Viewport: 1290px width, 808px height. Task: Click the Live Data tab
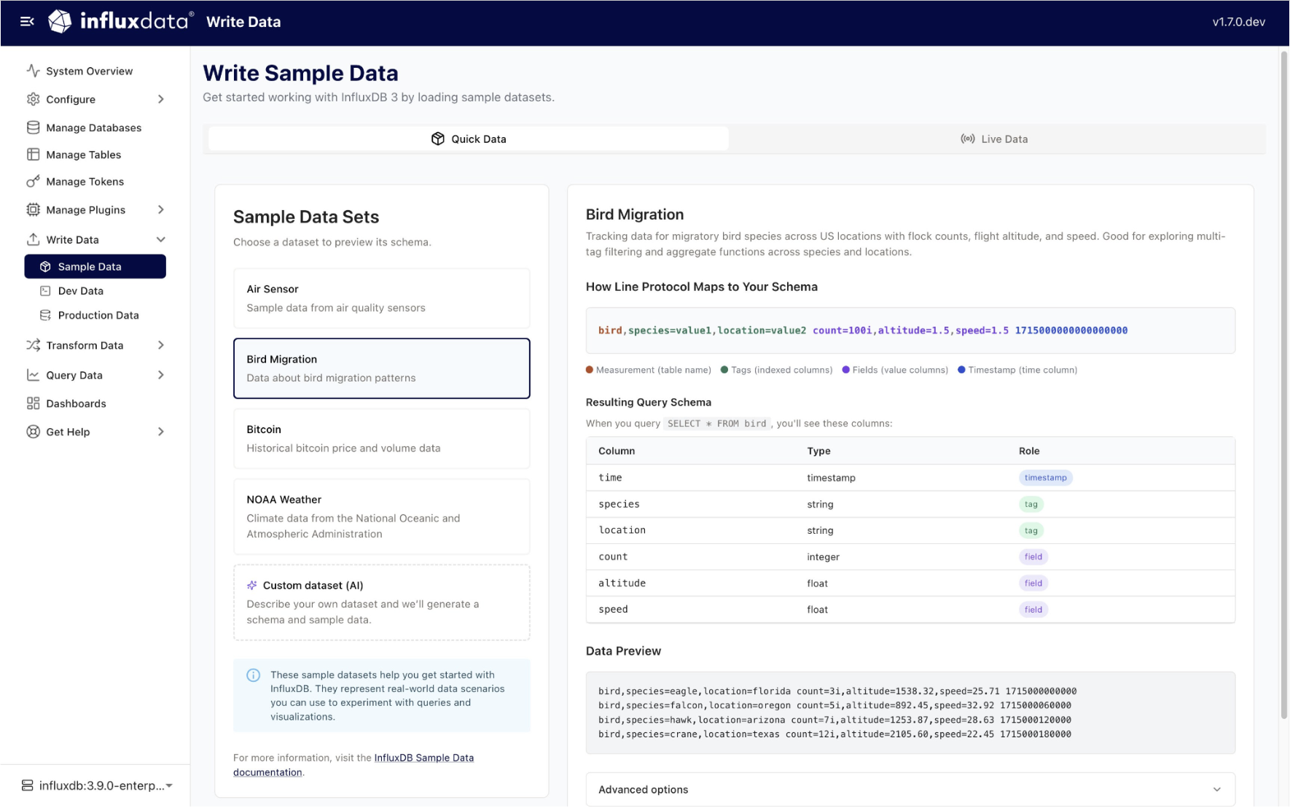coord(994,139)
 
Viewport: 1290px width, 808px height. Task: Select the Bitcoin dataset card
coord(381,438)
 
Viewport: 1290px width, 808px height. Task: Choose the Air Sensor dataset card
coord(381,298)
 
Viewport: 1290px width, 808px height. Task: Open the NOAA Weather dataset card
coord(381,516)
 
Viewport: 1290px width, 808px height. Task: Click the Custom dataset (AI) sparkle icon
coord(252,586)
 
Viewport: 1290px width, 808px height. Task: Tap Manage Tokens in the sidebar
coord(85,182)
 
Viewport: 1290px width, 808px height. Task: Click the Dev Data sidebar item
coord(80,291)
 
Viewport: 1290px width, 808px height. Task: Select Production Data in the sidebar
coord(98,315)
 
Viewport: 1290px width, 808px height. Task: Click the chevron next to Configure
coord(161,99)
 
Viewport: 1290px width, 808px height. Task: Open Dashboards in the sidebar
coord(76,403)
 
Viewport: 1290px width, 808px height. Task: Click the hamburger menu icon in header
coord(27,22)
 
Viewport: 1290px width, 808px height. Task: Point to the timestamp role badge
coord(1045,478)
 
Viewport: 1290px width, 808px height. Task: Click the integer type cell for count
coord(823,557)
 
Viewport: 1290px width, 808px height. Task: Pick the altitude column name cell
coord(622,583)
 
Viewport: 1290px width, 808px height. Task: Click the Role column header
coord(1028,451)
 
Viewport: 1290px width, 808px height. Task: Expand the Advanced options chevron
coord(1216,790)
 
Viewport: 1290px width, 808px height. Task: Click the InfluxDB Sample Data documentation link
coord(423,758)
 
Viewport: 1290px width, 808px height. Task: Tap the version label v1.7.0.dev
coord(1238,22)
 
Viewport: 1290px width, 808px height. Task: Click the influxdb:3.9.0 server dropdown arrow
coord(169,785)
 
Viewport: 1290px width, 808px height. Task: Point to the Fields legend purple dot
coord(845,370)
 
